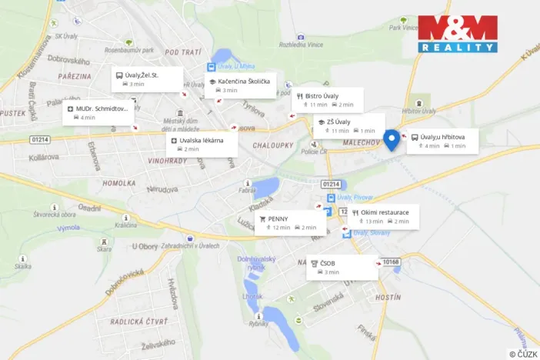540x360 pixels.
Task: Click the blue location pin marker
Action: click(x=391, y=139)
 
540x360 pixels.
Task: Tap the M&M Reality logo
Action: click(x=458, y=34)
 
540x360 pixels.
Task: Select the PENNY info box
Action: click(x=287, y=223)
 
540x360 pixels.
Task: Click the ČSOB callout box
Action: click(x=342, y=267)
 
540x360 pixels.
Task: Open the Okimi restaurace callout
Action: click(x=383, y=216)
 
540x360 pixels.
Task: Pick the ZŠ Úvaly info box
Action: click(x=348, y=125)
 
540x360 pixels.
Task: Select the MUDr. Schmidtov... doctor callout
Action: click(x=98, y=113)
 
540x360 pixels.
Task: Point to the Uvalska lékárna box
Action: click(x=202, y=145)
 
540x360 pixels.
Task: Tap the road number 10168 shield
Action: click(x=392, y=262)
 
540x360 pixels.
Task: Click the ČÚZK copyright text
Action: click(x=522, y=354)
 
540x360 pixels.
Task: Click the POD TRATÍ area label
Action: click(x=182, y=52)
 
